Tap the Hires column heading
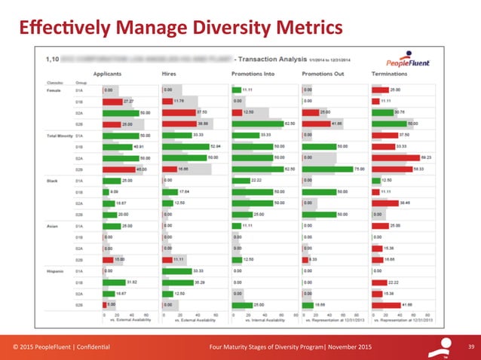click(170, 74)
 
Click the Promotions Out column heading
click(324, 74)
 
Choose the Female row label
click(55, 89)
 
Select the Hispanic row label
click(57, 270)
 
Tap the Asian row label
click(53, 225)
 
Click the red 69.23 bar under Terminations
click(396, 158)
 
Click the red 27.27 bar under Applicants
click(112, 101)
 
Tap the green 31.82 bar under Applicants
click(114, 282)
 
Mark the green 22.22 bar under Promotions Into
click(240, 181)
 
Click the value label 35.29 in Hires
click(199, 282)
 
